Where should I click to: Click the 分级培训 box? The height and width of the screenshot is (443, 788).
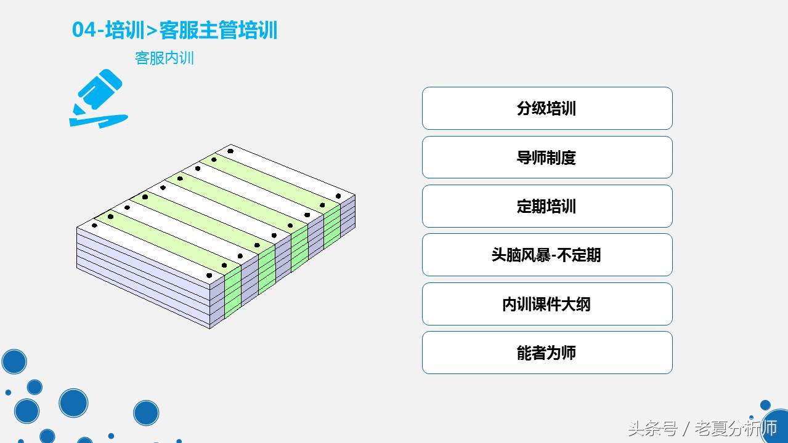tap(546, 108)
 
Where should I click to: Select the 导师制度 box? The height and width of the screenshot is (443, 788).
tap(546, 158)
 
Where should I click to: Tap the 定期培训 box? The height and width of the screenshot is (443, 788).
tap(546, 206)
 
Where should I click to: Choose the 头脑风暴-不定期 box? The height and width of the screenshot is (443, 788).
tap(546, 255)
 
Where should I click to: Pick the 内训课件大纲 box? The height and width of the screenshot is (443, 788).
tap(546, 304)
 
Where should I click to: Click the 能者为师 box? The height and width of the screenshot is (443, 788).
tap(546, 353)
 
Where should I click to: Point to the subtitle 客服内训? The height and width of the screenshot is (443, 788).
tap(165, 58)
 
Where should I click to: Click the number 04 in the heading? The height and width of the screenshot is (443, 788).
tap(84, 30)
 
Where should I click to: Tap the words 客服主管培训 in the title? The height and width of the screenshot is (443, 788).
tap(219, 30)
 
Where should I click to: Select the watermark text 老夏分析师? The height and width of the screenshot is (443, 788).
tap(736, 428)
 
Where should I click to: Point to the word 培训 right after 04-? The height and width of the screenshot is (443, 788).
tap(124, 30)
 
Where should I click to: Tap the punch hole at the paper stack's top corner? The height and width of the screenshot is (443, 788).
tap(230, 151)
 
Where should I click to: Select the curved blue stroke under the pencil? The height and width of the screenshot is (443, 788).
tap(99, 121)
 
